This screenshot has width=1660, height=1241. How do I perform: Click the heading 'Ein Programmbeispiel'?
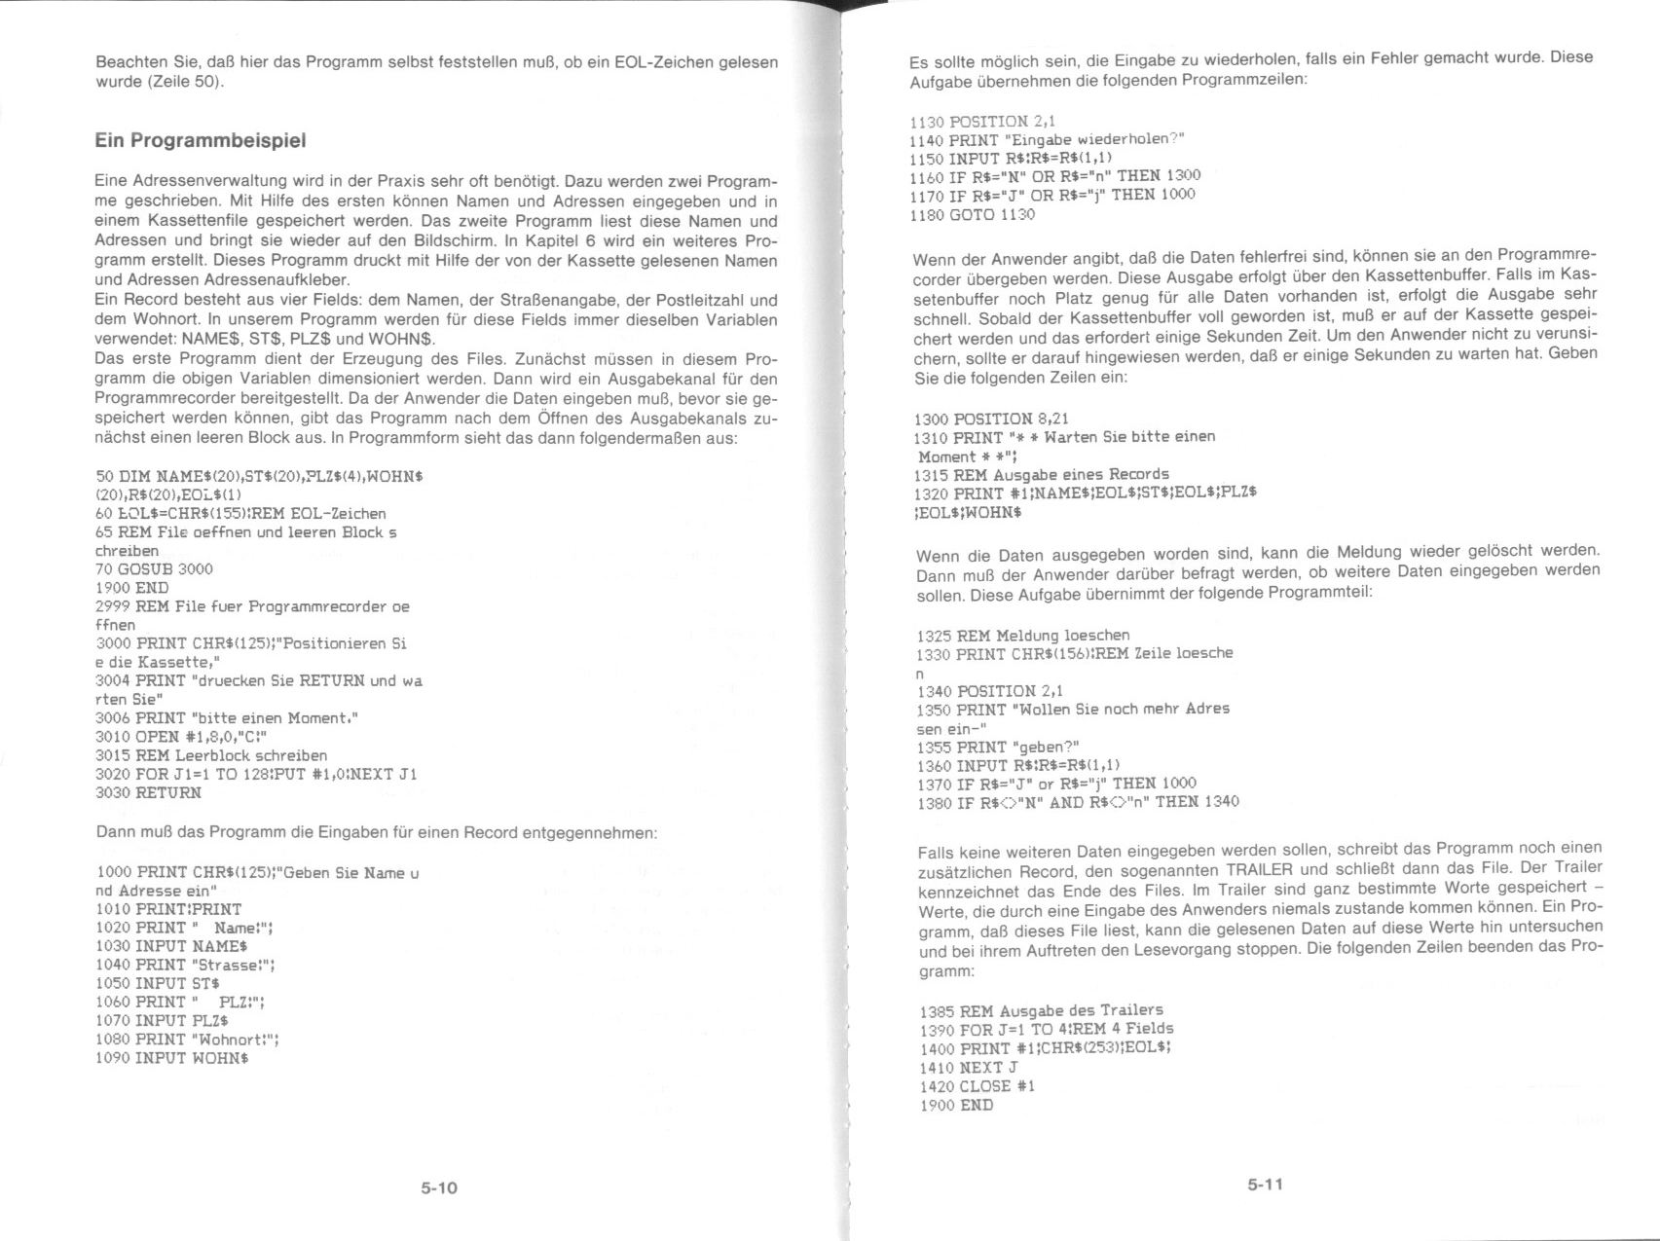[201, 140]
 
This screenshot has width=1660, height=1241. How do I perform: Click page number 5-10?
[439, 1187]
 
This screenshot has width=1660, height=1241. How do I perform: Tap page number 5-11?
[1265, 1185]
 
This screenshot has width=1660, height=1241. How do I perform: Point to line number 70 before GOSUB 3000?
[104, 569]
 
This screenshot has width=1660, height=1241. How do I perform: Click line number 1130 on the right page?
[926, 122]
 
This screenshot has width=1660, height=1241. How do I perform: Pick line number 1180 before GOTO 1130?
[926, 215]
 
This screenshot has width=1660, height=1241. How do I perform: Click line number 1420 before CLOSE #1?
[936, 1086]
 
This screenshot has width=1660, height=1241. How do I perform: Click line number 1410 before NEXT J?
[936, 1068]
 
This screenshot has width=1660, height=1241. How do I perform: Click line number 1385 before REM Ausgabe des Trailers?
[936, 1011]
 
